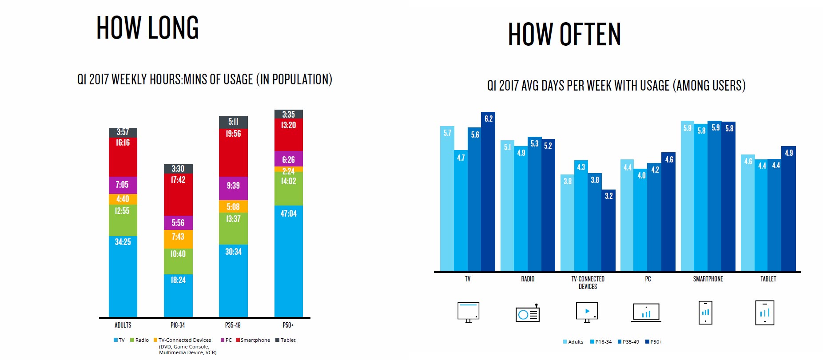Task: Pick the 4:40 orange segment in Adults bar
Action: pyautogui.click(x=123, y=199)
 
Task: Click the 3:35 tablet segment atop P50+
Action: pyautogui.click(x=288, y=114)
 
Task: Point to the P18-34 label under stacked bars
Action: pyautogui.click(x=178, y=325)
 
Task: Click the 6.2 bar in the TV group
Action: pyautogui.click(x=488, y=191)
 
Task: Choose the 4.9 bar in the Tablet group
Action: pyautogui.click(x=788, y=209)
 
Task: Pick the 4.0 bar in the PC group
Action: pyautogui.click(x=641, y=220)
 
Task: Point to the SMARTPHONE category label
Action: pyautogui.click(x=708, y=279)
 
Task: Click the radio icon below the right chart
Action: pyautogui.click(x=528, y=313)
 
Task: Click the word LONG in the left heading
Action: pyautogui.click(x=173, y=28)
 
